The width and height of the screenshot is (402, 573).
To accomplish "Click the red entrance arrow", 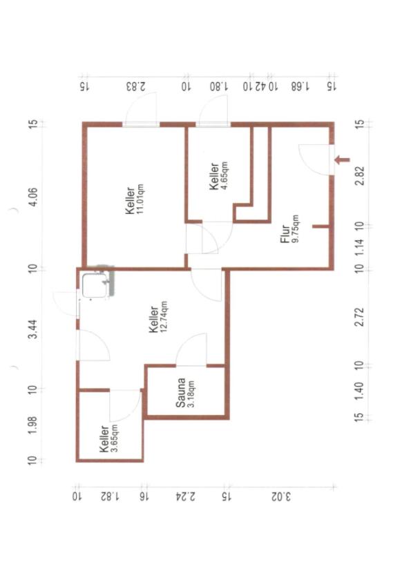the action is click(343, 159).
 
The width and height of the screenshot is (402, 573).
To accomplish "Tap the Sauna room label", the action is click(180, 393).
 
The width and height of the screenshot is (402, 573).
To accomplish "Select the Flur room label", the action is click(285, 234).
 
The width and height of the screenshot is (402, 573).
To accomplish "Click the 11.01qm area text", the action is click(140, 199).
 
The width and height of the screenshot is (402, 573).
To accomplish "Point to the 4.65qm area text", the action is click(224, 174).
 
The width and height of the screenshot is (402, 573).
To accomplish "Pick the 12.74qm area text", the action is click(164, 316).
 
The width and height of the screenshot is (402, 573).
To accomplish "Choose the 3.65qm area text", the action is click(114, 438).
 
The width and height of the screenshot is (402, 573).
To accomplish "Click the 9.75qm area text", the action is click(295, 229).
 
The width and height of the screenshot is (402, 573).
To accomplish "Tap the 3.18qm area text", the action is click(190, 394).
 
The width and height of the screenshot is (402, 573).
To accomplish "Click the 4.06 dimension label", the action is click(34, 197).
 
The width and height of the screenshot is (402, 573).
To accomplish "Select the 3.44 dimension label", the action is click(33, 329).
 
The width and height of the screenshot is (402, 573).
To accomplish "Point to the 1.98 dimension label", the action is click(33, 425).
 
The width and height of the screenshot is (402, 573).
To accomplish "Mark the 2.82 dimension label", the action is click(360, 176).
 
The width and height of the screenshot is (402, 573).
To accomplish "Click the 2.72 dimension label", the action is click(360, 317).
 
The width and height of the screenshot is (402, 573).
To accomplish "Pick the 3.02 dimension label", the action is click(281, 497).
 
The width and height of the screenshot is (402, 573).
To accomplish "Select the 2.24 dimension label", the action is click(186, 496).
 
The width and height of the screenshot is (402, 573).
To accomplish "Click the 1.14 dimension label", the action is click(360, 247).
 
